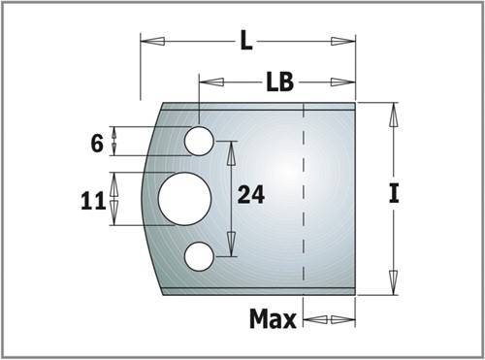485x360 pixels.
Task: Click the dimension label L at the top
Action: point(246,42)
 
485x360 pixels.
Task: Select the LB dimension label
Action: point(280,82)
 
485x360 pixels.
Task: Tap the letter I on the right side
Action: point(394,193)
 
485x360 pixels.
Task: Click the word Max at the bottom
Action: point(273,319)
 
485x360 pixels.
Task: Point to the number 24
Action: point(251,195)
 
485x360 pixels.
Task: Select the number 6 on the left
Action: point(97,144)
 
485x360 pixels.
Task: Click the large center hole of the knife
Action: point(184,199)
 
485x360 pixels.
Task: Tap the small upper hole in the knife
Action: point(199,141)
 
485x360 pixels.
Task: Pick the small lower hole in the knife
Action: point(199,256)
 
